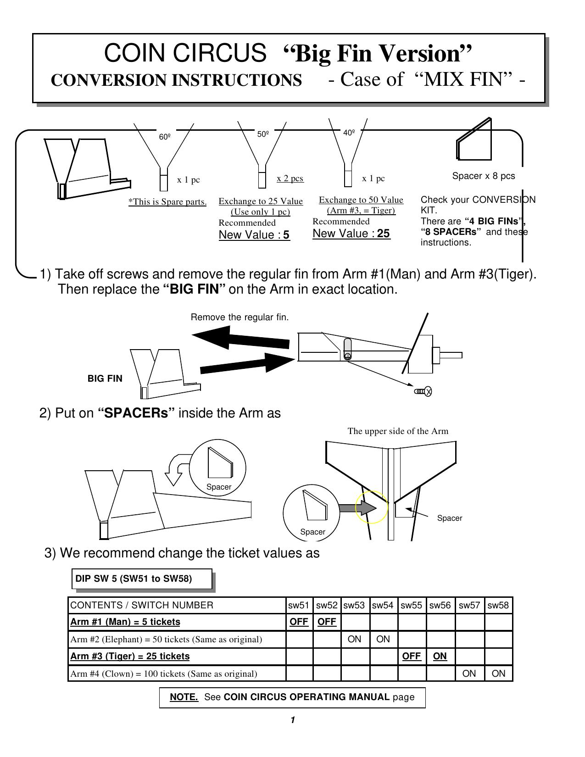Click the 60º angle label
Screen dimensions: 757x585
click(x=165, y=137)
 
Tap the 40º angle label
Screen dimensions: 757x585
click(x=349, y=133)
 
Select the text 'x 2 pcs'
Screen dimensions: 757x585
click(x=290, y=178)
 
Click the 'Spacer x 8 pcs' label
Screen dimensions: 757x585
click(x=484, y=176)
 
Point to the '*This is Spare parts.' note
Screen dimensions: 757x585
click(x=167, y=202)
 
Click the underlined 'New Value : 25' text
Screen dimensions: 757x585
click(x=351, y=234)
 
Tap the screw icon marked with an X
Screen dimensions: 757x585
click(x=423, y=391)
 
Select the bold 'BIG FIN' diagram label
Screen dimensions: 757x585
click(x=105, y=378)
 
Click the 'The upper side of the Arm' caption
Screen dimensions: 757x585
click(x=398, y=431)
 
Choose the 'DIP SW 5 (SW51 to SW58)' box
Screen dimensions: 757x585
click(x=142, y=579)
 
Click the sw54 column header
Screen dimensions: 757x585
click(x=383, y=605)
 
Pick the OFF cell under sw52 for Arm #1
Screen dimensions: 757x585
click(x=327, y=622)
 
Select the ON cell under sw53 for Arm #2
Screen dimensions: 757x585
click(x=354, y=639)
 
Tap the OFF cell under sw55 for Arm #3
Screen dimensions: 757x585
click(x=411, y=656)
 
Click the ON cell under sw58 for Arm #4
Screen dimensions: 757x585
click(x=498, y=674)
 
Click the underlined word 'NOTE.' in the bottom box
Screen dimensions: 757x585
click(x=184, y=697)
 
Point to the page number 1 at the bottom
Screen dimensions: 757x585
click(x=292, y=720)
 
